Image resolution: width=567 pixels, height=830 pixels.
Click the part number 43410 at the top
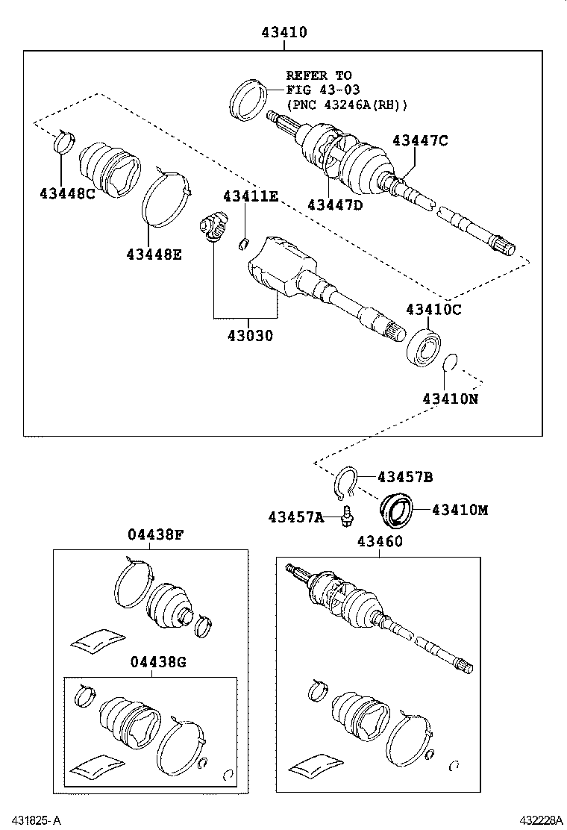284,33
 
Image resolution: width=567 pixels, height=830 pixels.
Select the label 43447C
420,140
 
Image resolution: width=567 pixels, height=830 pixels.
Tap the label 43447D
334,205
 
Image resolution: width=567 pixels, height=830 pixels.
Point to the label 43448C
68,193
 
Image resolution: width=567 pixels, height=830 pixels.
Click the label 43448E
154,254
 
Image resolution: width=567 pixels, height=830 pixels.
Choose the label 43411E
250,196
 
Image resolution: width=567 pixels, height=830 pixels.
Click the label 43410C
434,309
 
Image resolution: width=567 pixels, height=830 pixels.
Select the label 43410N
451,399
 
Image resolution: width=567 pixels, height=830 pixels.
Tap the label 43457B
405,477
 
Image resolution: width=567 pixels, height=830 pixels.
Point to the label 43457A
296,517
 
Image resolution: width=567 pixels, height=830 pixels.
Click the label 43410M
460,510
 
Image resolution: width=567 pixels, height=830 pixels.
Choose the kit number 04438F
155,534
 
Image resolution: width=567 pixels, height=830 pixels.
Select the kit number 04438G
158,662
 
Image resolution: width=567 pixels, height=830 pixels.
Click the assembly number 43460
380,541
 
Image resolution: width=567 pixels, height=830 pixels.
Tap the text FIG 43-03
323,90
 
